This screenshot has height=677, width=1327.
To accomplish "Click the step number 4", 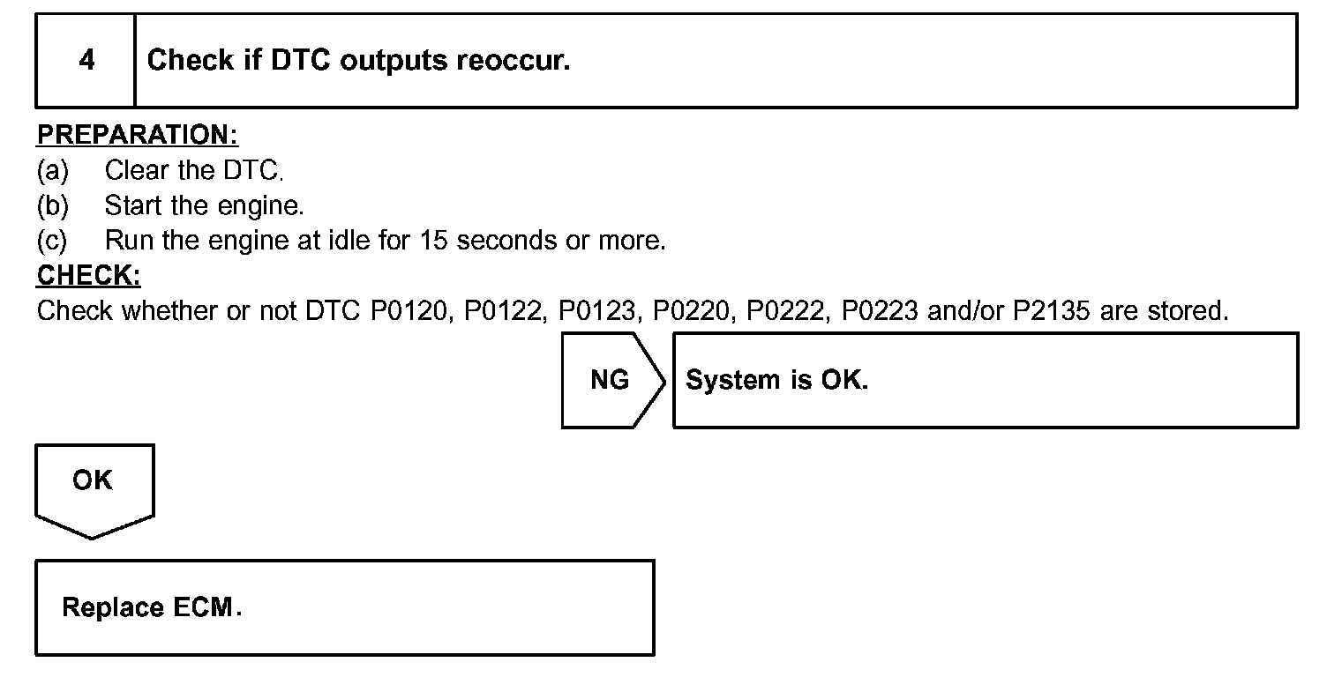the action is point(86,61).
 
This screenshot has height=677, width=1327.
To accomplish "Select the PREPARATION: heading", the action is point(138,136).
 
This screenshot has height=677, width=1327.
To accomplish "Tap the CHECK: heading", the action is point(88,276).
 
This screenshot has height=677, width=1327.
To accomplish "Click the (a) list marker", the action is point(52,170).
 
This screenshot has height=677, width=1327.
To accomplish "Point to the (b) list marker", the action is point(52,205).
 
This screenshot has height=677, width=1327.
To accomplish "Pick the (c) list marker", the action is point(52,241).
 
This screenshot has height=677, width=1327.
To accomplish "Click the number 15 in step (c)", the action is point(435,241).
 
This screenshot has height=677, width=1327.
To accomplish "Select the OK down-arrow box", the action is point(94,487).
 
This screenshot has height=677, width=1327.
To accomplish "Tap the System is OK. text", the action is point(776,380).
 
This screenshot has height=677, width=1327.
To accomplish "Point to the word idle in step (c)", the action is point(349,241).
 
